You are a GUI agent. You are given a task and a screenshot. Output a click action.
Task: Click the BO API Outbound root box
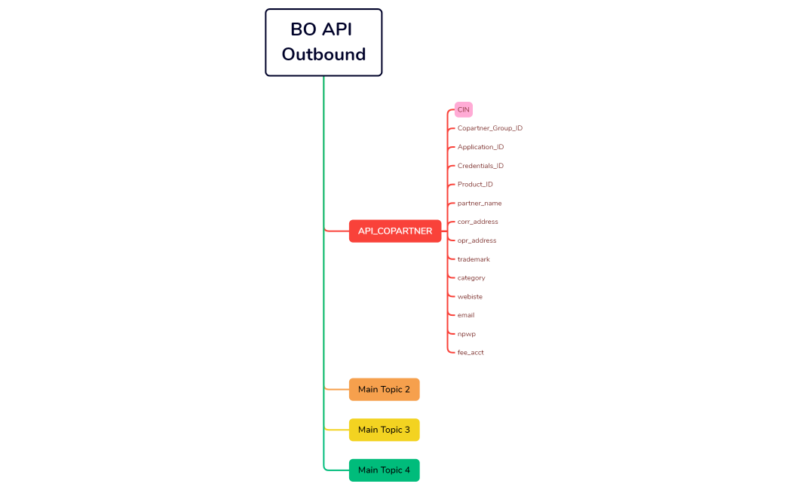pyautogui.click(x=323, y=42)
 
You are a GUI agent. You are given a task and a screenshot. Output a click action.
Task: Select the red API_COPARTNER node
pyautogui.click(x=395, y=231)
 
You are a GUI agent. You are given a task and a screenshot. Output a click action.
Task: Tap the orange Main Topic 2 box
pyautogui.click(x=384, y=390)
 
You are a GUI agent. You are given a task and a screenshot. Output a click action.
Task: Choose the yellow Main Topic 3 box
pyautogui.click(x=384, y=430)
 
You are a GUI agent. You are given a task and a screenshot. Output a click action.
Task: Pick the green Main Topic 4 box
pyautogui.click(x=384, y=470)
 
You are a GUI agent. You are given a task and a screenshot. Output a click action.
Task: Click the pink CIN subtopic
pyautogui.click(x=464, y=109)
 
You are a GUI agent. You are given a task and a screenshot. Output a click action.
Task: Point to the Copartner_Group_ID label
pyautogui.click(x=489, y=128)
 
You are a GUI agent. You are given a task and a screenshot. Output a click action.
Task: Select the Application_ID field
pyautogui.click(x=480, y=147)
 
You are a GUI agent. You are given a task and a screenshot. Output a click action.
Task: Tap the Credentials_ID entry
pyautogui.click(x=480, y=166)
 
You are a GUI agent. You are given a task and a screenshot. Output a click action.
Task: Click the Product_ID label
pyautogui.click(x=475, y=185)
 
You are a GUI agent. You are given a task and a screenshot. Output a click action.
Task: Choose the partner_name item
pyautogui.click(x=479, y=204)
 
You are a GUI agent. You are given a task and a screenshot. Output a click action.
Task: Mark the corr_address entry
pyautogui.click(x=477, y=222)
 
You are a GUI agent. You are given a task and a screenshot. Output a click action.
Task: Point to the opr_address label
pyautogui.click(x=477, y=240)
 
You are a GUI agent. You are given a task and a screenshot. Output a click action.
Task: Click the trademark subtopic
pyautogui.click(x=474, y=259)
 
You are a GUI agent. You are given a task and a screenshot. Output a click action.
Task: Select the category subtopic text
pyautogui.click(x=471, y=278)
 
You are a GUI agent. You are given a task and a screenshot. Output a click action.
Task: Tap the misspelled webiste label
pyautogui.click(x=470, y=296)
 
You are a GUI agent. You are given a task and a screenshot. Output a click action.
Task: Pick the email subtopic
pyautogui.click(x=466, y=315)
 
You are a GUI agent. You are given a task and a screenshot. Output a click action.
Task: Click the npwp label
pyautogui.click(x=466, y=334)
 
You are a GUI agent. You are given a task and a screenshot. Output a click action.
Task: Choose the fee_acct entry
pyautogui.click(x=471, y=353)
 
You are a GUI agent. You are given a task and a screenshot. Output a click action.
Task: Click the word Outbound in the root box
pyautogui.click(x=323, y=54)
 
